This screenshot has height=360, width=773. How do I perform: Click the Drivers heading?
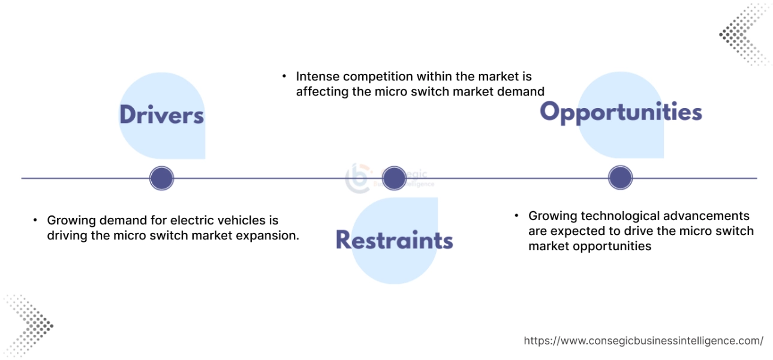coord(161,115)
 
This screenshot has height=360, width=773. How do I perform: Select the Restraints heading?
coord(394,239)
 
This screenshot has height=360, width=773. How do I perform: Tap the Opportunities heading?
coord(621,112)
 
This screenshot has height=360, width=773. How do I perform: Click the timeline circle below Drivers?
coord(161,178)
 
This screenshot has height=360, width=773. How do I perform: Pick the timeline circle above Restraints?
coord(394,178)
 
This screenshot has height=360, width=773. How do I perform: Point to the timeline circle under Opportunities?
coord(620,178)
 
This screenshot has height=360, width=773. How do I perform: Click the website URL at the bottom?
coord(643,341)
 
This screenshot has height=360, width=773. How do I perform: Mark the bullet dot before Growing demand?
coord(35,221)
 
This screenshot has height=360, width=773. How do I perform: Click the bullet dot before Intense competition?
coord(284,77)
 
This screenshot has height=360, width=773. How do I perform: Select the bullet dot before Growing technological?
coord(516,215)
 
